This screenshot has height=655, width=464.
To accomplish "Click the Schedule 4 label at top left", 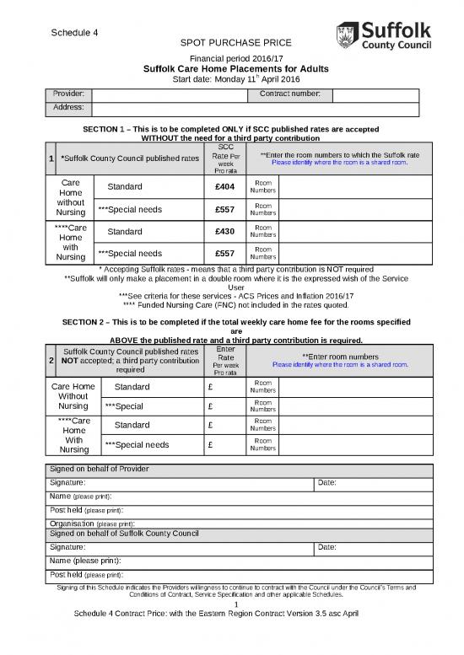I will click(x=75, y=33).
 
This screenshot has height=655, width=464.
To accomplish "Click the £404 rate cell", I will click(x=224, y=186).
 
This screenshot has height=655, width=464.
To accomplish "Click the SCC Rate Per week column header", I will click(x=224, y=158).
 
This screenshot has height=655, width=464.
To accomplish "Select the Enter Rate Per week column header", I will click(x=225, y=360).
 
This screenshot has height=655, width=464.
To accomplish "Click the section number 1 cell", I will click(x=51, y=158).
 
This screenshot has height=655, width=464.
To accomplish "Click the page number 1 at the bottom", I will click(x=237, y=604).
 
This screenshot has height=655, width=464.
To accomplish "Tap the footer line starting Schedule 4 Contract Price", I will click(x=217, y=614).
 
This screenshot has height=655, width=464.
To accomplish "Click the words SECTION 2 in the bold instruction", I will click(x=89, y=322).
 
